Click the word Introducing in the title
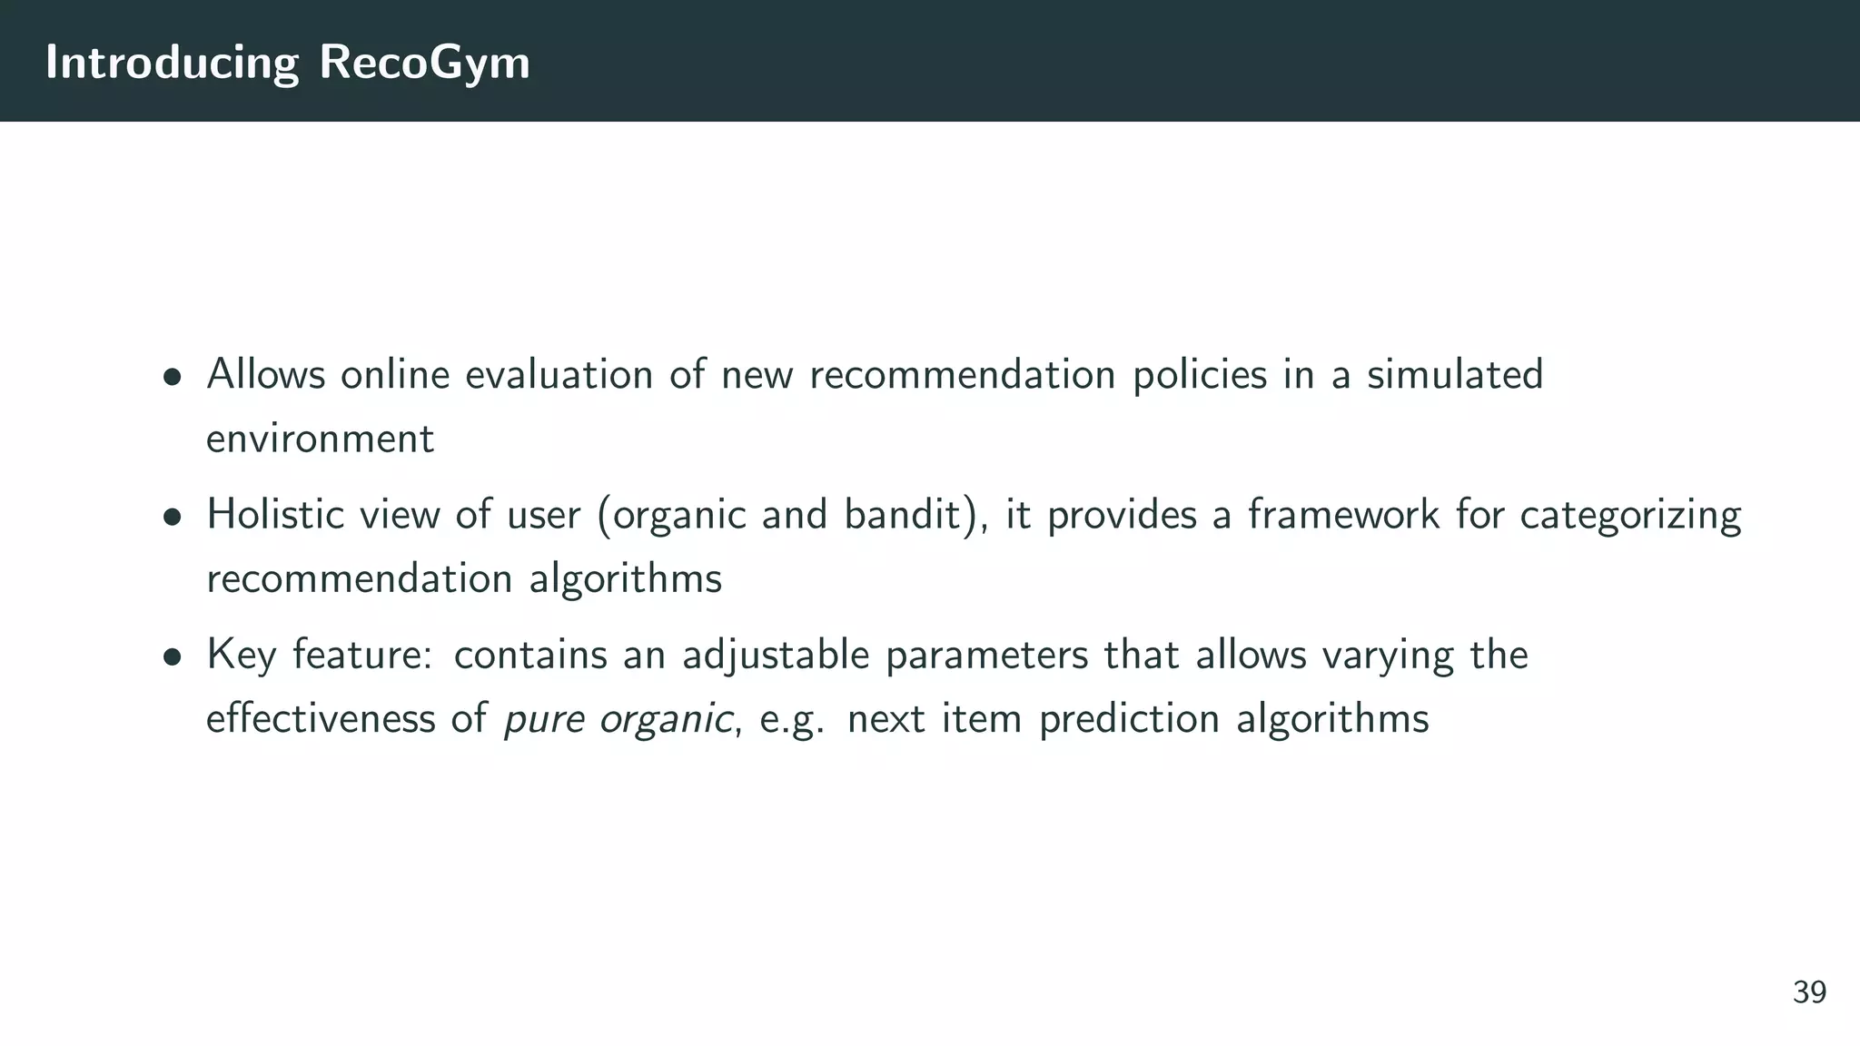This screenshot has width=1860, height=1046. tap(172, 64)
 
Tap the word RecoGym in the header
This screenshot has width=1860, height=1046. tap(424, 64)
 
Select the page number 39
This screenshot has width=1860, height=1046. tap(1809, 992)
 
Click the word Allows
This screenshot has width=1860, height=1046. tap(265, 374)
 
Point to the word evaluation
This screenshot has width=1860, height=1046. tap(559, 374)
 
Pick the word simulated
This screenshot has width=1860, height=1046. tap(1455, 374)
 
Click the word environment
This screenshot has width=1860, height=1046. tap(320, 439)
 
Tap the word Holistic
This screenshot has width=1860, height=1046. tap(275, 514)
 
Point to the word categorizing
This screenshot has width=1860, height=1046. tap(1630, 516)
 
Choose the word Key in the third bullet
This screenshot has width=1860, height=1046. tap(241, 656)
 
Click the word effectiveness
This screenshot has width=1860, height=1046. tap(320, 719)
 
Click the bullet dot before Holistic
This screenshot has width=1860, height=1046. tap(172, 517)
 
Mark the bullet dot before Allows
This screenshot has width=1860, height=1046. tap(172, 377)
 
